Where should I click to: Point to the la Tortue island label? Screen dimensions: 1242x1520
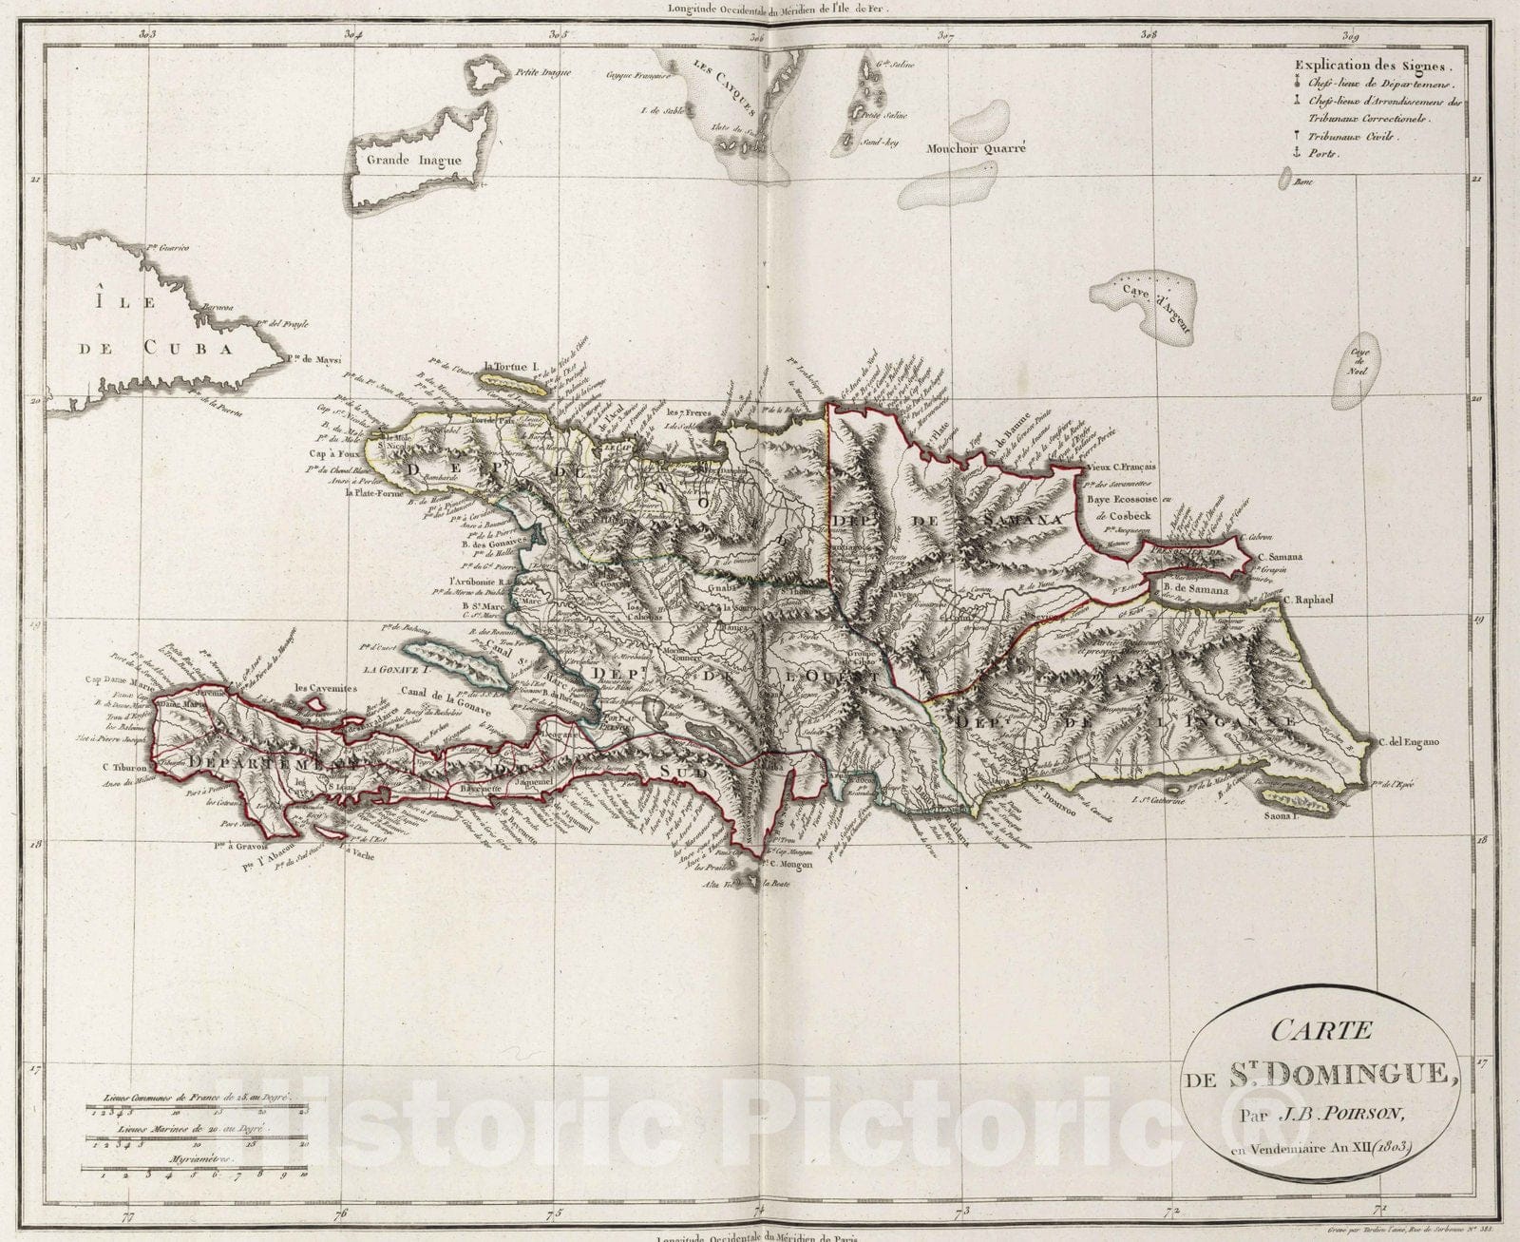tap(510, 366)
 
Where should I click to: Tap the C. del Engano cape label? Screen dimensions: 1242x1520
tap(1409, 742)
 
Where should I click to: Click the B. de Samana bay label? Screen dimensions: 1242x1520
tap(1195, 590)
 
